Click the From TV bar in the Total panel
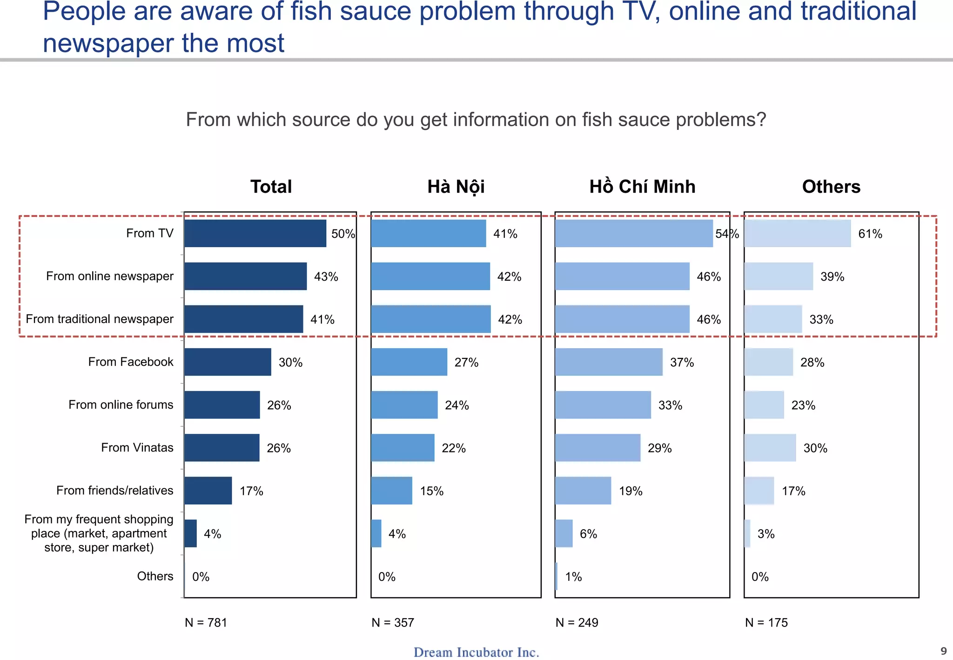tap(255, 233)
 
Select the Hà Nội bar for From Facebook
tap(409, 362)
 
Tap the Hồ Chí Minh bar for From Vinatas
tap(597, 448)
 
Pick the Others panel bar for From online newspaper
tap(779, 276)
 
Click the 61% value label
tap(870, 234)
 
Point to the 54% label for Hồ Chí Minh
tap(727, 234)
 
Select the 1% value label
tap(573, 577)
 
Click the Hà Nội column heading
tap(456, 187)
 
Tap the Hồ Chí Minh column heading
tap(642, 187)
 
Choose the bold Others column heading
tap(831, 187)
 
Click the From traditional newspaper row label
tap(100, 319)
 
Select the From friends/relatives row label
tap(114, 490)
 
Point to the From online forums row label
tap(121, 404)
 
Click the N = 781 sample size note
tap(206, 622)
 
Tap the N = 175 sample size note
tap(766, 622)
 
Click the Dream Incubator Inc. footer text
tap(476, 652)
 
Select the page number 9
tap(944, 651)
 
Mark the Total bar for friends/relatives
tap(208, 491)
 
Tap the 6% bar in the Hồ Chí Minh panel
tap(564, 533)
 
